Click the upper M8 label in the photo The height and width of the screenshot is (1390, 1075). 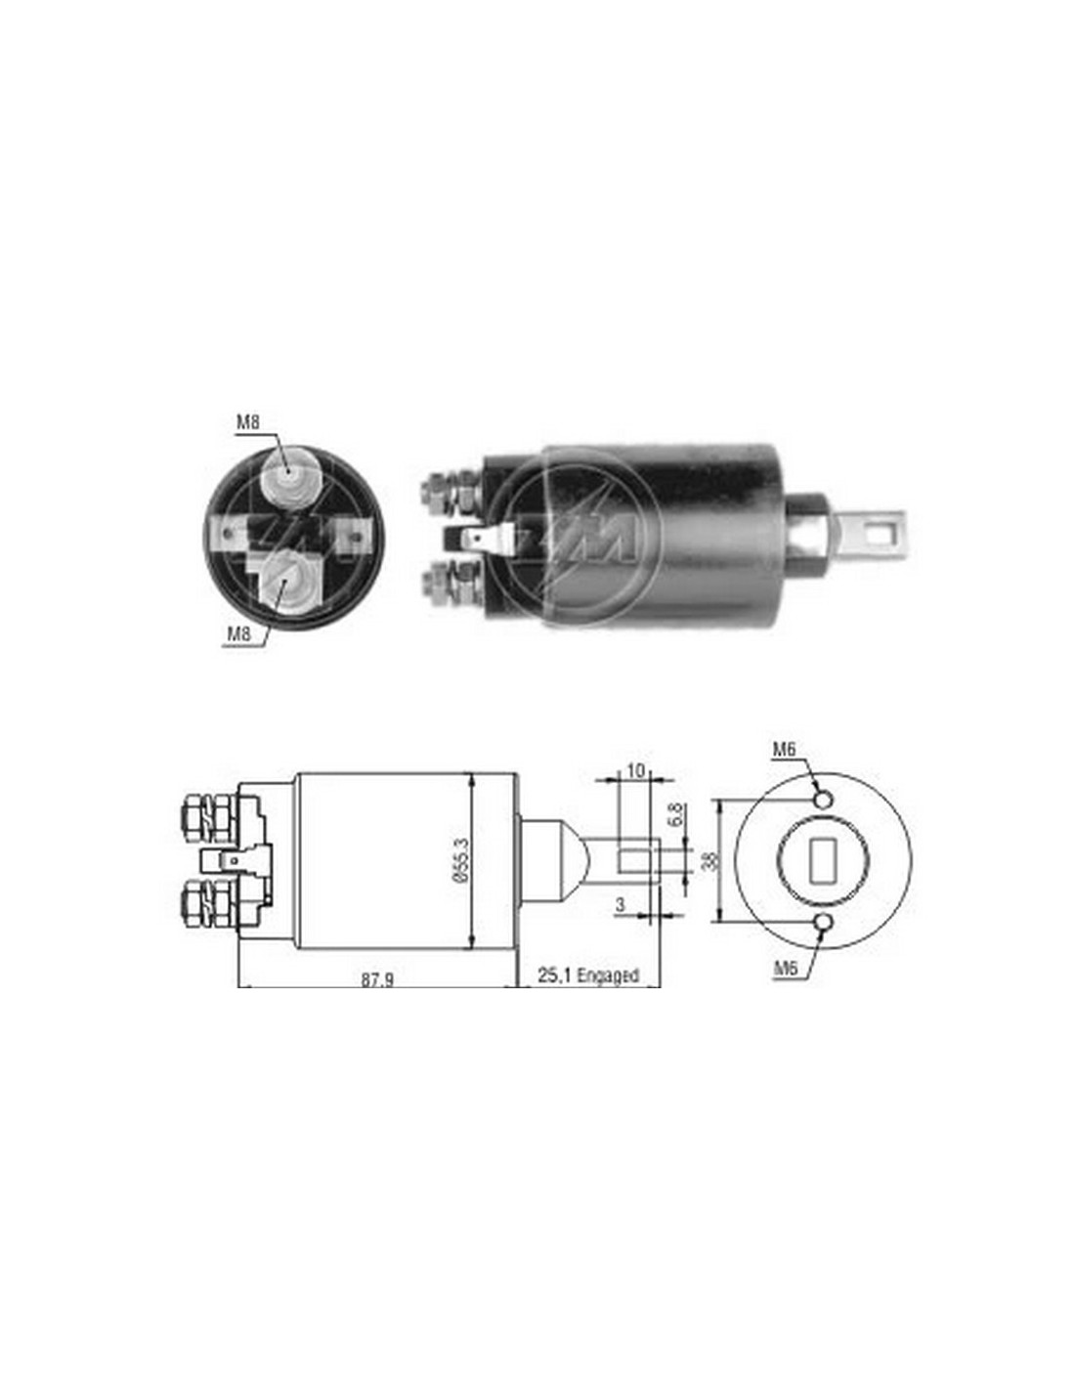click(x=247, y=423)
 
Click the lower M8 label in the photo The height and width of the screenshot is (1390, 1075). click(x=237, y=634)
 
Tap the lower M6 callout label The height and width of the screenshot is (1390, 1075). click(x=786, y=969)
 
